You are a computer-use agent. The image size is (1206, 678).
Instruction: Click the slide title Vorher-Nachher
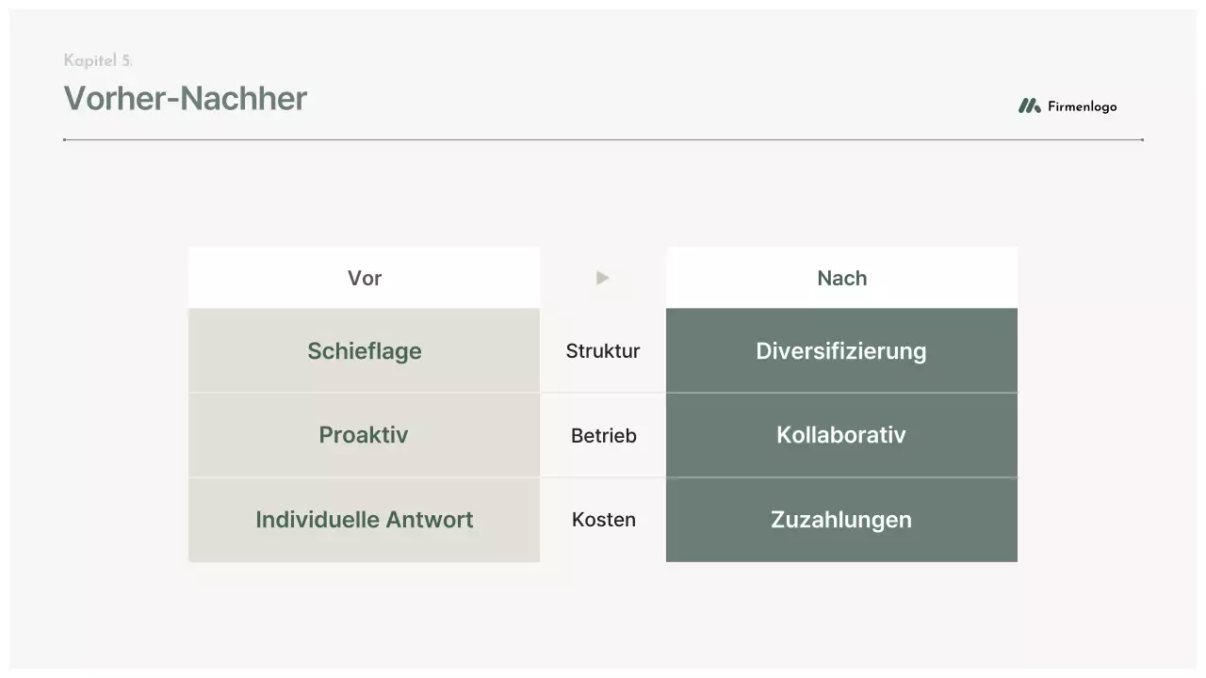coord(185,99)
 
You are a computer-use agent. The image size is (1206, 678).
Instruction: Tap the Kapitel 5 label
coord(98,61)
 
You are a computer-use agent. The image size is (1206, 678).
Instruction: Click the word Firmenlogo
coord(1082,106)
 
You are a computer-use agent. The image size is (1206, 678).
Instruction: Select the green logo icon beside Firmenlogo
coord(1029,106)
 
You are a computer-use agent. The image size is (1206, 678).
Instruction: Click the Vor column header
coord(365,278)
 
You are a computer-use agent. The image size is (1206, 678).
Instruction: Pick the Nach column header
coord(841,278)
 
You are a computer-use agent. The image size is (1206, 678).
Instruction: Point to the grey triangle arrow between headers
coord(603,278)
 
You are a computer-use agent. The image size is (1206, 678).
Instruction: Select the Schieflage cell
coord(365,351)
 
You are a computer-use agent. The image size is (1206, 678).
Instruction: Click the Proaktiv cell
coord(364,435)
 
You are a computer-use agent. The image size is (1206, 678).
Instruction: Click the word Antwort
coord(429,520)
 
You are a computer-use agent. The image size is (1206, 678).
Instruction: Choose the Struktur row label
coord(603,351)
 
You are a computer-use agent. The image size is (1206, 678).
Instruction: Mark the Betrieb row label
coord(603,436)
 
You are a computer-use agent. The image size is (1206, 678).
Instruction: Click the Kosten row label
coord(603,520)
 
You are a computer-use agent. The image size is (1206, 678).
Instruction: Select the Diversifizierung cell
coord(841,351)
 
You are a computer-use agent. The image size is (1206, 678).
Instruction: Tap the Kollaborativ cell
coord(841,435)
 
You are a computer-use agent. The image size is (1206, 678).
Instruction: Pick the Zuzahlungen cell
coord(841,520)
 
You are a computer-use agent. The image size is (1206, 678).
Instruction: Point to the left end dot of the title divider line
coord(64,139)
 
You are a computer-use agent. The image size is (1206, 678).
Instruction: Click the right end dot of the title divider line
coord(1142,139)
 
